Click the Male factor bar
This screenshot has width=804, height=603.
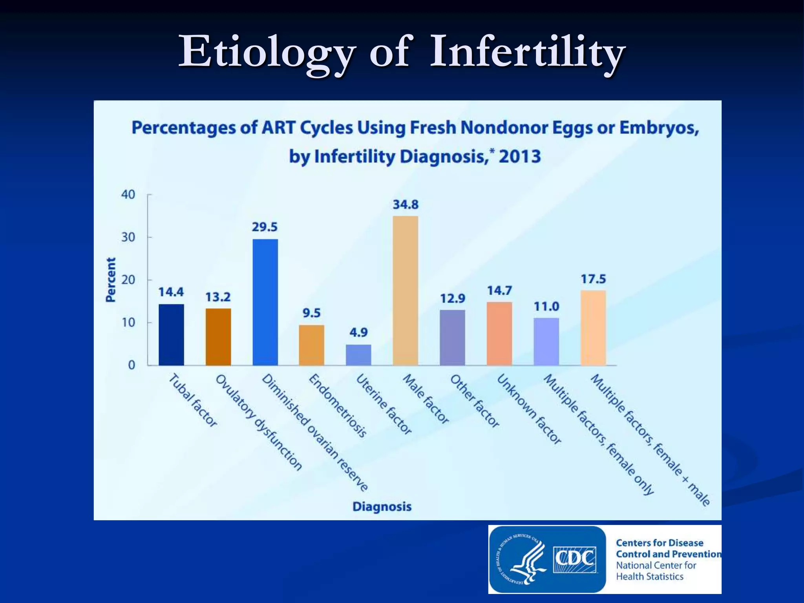pyautogui.click(x=405, y=291)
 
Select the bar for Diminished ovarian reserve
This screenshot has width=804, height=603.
pyautogui.click(x=265, y=302)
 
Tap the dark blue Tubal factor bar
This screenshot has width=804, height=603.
pyautogui.click(x=171, y=334)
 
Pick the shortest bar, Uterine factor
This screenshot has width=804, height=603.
pyautogui.click(x=358, y=355)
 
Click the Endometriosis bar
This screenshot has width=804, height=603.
pyautogui.click(x=311, y=345)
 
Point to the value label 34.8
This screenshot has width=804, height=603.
pyautogui.click(x=406, y=205)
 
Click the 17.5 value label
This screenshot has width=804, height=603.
pyautogui.click(x=593, y=279)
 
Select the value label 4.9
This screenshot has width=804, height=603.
pyautogui.click(x=358, y=333)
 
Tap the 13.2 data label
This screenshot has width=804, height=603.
pyautogui.click(x=218, y=297)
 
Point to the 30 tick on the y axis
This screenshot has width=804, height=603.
pyautogui.click(x=128, y=237)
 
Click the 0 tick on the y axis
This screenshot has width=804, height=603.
pyautogui.click(x=132, y=365)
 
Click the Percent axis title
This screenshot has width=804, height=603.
pyautogui.click(x=111, y=280)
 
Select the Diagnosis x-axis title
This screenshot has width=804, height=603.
pyautogui.click(x=382, y=506)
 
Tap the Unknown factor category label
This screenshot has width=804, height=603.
pyautogui.click(x=529, y=409)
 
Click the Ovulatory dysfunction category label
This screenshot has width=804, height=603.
pyautogui.click(x=259, y=422)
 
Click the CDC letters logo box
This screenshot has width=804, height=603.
pyautogui.click(x=575, y=559)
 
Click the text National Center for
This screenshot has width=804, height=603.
pyautogui.click(x=656, y=565)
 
